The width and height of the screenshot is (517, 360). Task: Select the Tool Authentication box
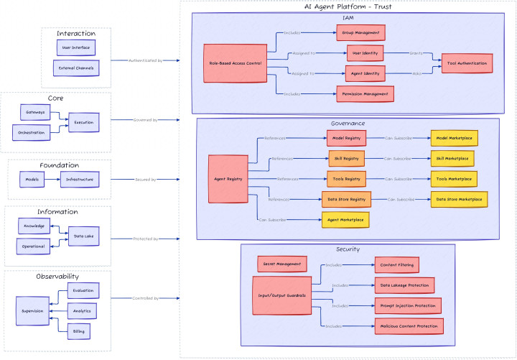(x=467, y=63)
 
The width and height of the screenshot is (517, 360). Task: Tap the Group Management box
(x=361, y=32)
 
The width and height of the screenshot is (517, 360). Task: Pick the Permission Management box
(x=365, y=93)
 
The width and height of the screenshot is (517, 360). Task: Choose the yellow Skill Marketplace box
(x=452, y=158)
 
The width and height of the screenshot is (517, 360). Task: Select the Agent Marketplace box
(x=345, y=219)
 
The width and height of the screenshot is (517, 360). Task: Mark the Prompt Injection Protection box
(x=407, y=305)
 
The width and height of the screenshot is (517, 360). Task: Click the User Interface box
(x=75, y=47)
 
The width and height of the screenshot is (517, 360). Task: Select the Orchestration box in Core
(x=32, y=132)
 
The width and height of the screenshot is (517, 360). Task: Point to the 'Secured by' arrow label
(x=146, y=179)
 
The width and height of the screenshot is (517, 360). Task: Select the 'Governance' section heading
(x=348, y=123)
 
